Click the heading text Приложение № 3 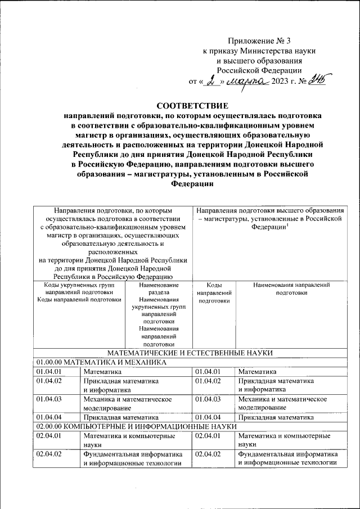[260, 40]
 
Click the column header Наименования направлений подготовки [291, 289]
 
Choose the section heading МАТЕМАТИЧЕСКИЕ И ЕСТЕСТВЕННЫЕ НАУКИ [190, 353]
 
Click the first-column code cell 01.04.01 [48, 372]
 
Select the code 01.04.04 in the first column [48, 417]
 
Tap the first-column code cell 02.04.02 [48, 453]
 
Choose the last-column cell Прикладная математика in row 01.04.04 [275, 418]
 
